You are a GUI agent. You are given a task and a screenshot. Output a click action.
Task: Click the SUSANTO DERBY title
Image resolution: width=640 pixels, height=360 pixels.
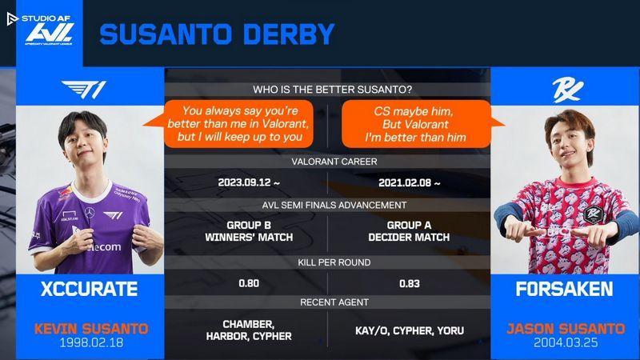(x=217, y=34)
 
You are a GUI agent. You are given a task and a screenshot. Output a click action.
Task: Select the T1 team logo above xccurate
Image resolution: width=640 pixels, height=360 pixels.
(x=84, y=90)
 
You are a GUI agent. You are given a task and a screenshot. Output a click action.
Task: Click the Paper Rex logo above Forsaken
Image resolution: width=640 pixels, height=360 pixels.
(x=567, y=90)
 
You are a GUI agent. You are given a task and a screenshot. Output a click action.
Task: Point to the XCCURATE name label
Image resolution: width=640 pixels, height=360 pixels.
(x=90, y=289)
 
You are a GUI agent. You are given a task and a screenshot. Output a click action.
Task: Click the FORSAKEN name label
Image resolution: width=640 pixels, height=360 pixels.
(x=565, y=289)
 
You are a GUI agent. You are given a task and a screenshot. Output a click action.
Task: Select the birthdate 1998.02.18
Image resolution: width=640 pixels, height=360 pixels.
(x=91, y=342)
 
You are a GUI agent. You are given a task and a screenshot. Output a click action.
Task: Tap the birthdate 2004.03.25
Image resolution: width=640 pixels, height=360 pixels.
(x=566, y=342)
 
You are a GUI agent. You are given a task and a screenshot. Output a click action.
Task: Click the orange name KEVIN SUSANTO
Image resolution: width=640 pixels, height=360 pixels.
(x=91, y=329)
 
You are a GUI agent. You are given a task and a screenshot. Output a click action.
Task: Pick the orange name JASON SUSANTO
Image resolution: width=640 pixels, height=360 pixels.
(x=566, y=329)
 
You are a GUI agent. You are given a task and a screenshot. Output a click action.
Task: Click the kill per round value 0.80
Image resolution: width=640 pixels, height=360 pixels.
(x=249, y=283)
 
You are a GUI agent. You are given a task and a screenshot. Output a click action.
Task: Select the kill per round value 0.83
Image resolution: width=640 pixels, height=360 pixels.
(x=410, y=284)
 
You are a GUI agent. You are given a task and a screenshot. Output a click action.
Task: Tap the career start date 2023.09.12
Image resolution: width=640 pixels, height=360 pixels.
(x=249, y=182)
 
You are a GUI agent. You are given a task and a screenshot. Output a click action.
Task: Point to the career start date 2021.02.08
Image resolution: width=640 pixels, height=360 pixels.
(x=410, y=183)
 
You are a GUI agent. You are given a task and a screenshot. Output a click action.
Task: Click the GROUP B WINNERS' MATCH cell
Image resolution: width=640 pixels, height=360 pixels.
(x=249, y=231)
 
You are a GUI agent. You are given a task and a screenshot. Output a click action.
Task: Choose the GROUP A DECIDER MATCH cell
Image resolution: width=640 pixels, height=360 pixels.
(x=409, y=231)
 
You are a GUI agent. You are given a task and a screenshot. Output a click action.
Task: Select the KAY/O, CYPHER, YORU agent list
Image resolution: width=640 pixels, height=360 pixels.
(x=410, y=330)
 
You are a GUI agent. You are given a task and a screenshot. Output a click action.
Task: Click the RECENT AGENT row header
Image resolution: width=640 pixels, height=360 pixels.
(x=334, y=302)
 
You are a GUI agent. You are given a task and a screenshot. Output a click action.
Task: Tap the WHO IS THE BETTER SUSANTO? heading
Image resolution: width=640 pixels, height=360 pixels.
(x=332, y=90)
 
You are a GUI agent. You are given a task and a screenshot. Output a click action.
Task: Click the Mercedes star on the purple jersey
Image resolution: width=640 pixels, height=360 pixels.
(x=90, y=213)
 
